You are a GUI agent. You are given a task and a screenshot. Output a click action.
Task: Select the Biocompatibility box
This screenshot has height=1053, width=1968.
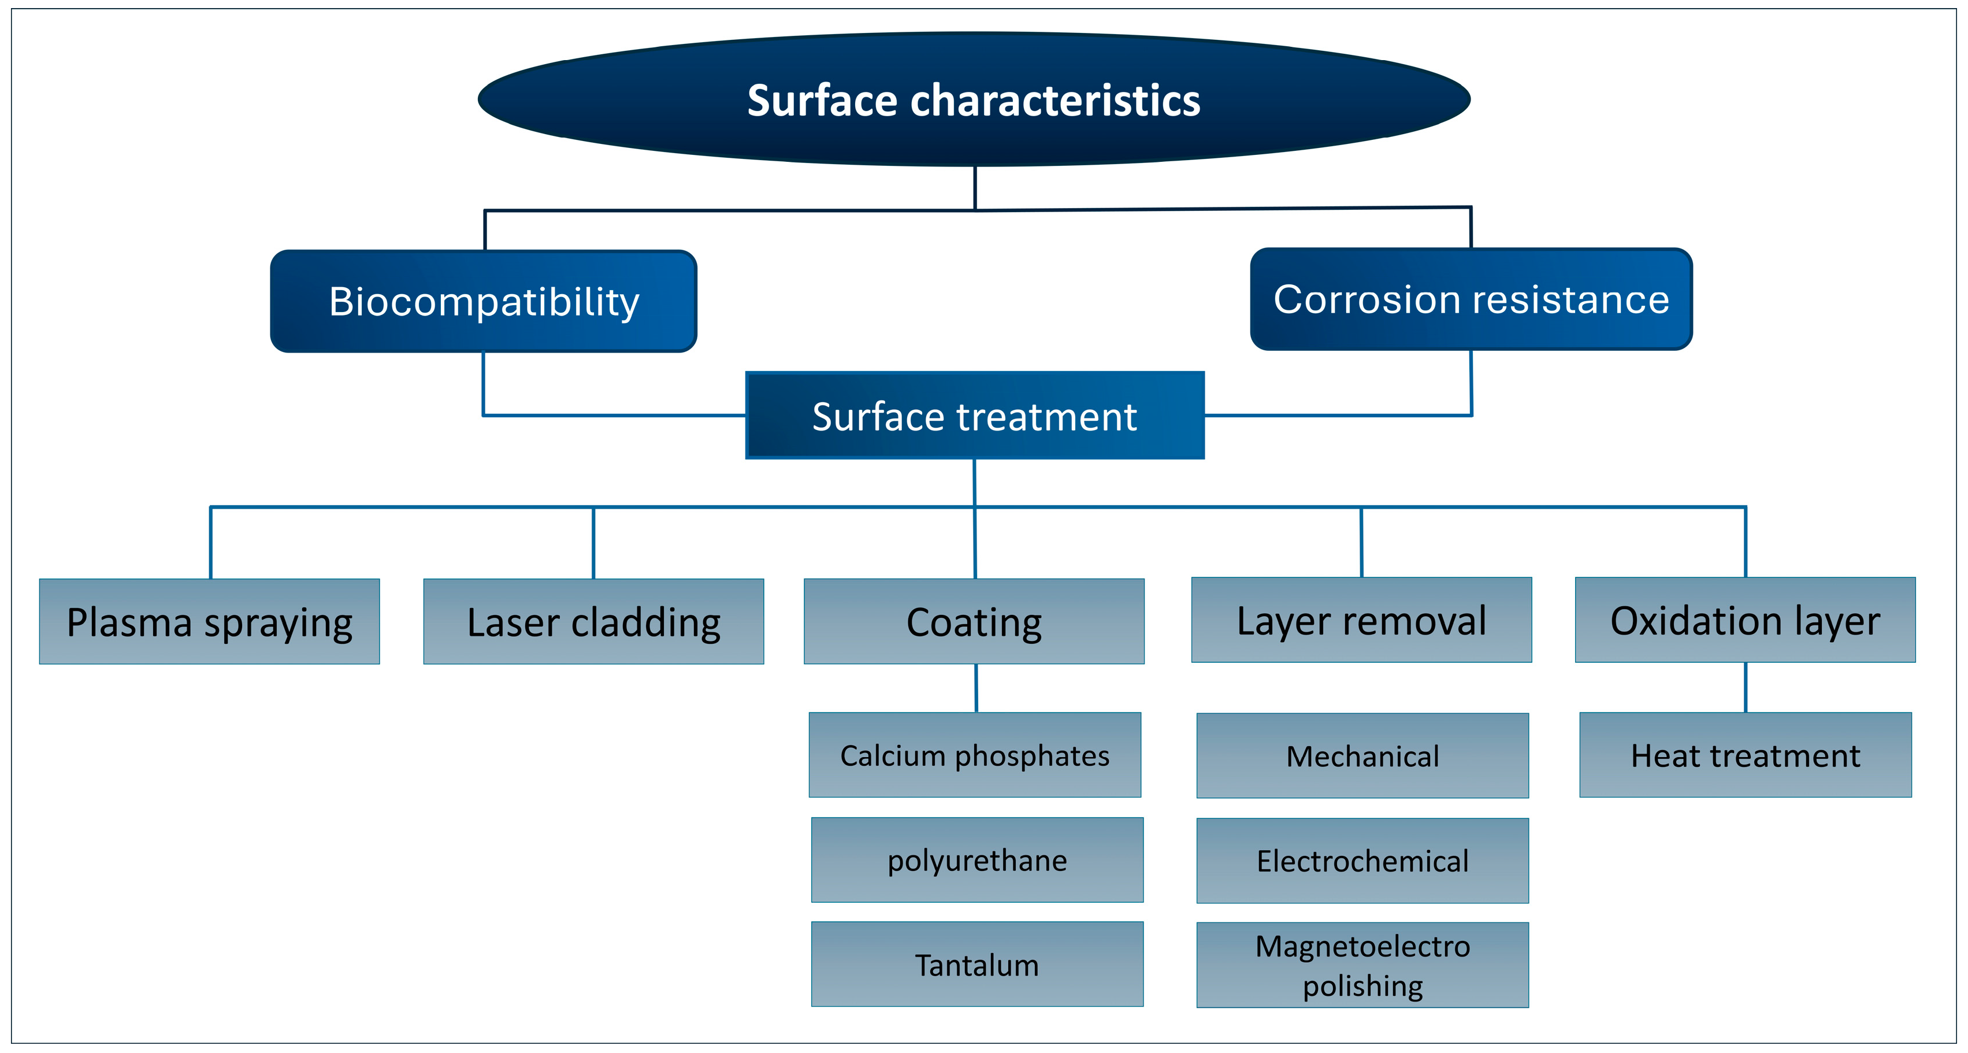click(483, 301)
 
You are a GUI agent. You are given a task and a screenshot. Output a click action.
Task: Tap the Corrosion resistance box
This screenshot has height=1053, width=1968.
click(1471, 299)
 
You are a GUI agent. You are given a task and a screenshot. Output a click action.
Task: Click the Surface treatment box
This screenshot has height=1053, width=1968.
click(974, 416)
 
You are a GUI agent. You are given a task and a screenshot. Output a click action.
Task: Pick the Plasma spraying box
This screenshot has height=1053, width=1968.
click(209, 621)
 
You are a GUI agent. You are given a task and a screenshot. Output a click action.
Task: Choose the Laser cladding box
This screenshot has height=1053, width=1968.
click(593, 621)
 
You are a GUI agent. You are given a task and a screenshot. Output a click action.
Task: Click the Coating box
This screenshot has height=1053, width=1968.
click(974, 621)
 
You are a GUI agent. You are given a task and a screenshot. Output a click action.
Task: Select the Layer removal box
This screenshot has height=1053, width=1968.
click(1361, 620)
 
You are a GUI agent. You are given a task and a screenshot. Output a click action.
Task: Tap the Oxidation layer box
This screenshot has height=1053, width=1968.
click(1745, 620)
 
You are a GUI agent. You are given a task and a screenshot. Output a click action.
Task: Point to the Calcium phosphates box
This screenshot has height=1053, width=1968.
click(975, 755)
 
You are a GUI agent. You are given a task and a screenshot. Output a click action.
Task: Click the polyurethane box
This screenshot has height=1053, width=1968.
click(977, 859)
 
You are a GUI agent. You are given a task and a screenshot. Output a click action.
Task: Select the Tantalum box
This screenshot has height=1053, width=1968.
click(977, 965)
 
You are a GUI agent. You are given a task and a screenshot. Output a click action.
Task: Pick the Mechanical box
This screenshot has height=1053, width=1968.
click(1362, 756)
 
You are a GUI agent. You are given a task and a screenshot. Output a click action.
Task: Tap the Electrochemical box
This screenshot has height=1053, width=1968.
click(1362, 861)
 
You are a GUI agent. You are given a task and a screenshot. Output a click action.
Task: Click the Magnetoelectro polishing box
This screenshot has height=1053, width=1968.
click(1362, 965)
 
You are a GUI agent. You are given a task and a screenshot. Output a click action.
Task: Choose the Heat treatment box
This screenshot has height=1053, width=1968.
click(1745, 755)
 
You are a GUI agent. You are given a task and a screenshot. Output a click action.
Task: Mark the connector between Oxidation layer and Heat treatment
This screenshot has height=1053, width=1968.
click(1746, 687)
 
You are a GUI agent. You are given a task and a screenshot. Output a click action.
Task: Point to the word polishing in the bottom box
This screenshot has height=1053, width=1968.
click(1362, 986)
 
